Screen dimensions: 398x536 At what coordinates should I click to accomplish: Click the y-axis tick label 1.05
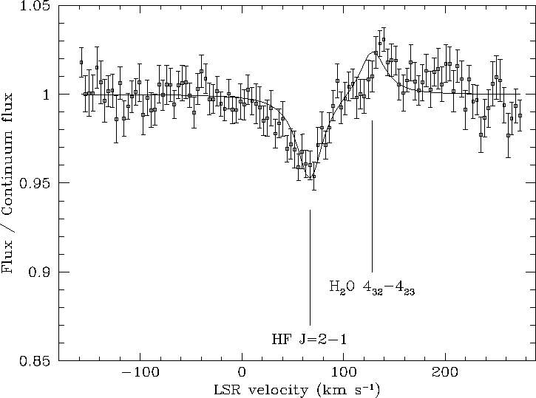(36, 7)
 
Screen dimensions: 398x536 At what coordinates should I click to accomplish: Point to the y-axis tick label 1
(45, 95)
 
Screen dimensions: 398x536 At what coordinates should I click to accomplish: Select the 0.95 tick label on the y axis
(36, 183)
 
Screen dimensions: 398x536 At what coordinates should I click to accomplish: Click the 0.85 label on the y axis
(36, 361)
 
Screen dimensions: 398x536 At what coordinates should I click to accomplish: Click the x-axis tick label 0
(242, 373)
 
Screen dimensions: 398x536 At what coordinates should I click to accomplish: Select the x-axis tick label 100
(343, 373)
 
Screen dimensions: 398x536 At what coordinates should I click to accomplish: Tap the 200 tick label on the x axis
(444, 373)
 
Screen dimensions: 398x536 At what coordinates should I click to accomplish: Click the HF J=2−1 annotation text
(309, 340)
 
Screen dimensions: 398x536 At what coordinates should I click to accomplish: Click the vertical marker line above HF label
(310, 266)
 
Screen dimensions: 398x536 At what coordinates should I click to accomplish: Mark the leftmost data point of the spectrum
(81, 62)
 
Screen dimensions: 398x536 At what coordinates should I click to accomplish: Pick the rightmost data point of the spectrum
(520, 115)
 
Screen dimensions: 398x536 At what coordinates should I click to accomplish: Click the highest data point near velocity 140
(383, 39)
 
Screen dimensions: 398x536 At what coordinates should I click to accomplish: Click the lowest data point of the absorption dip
(314, 176)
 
